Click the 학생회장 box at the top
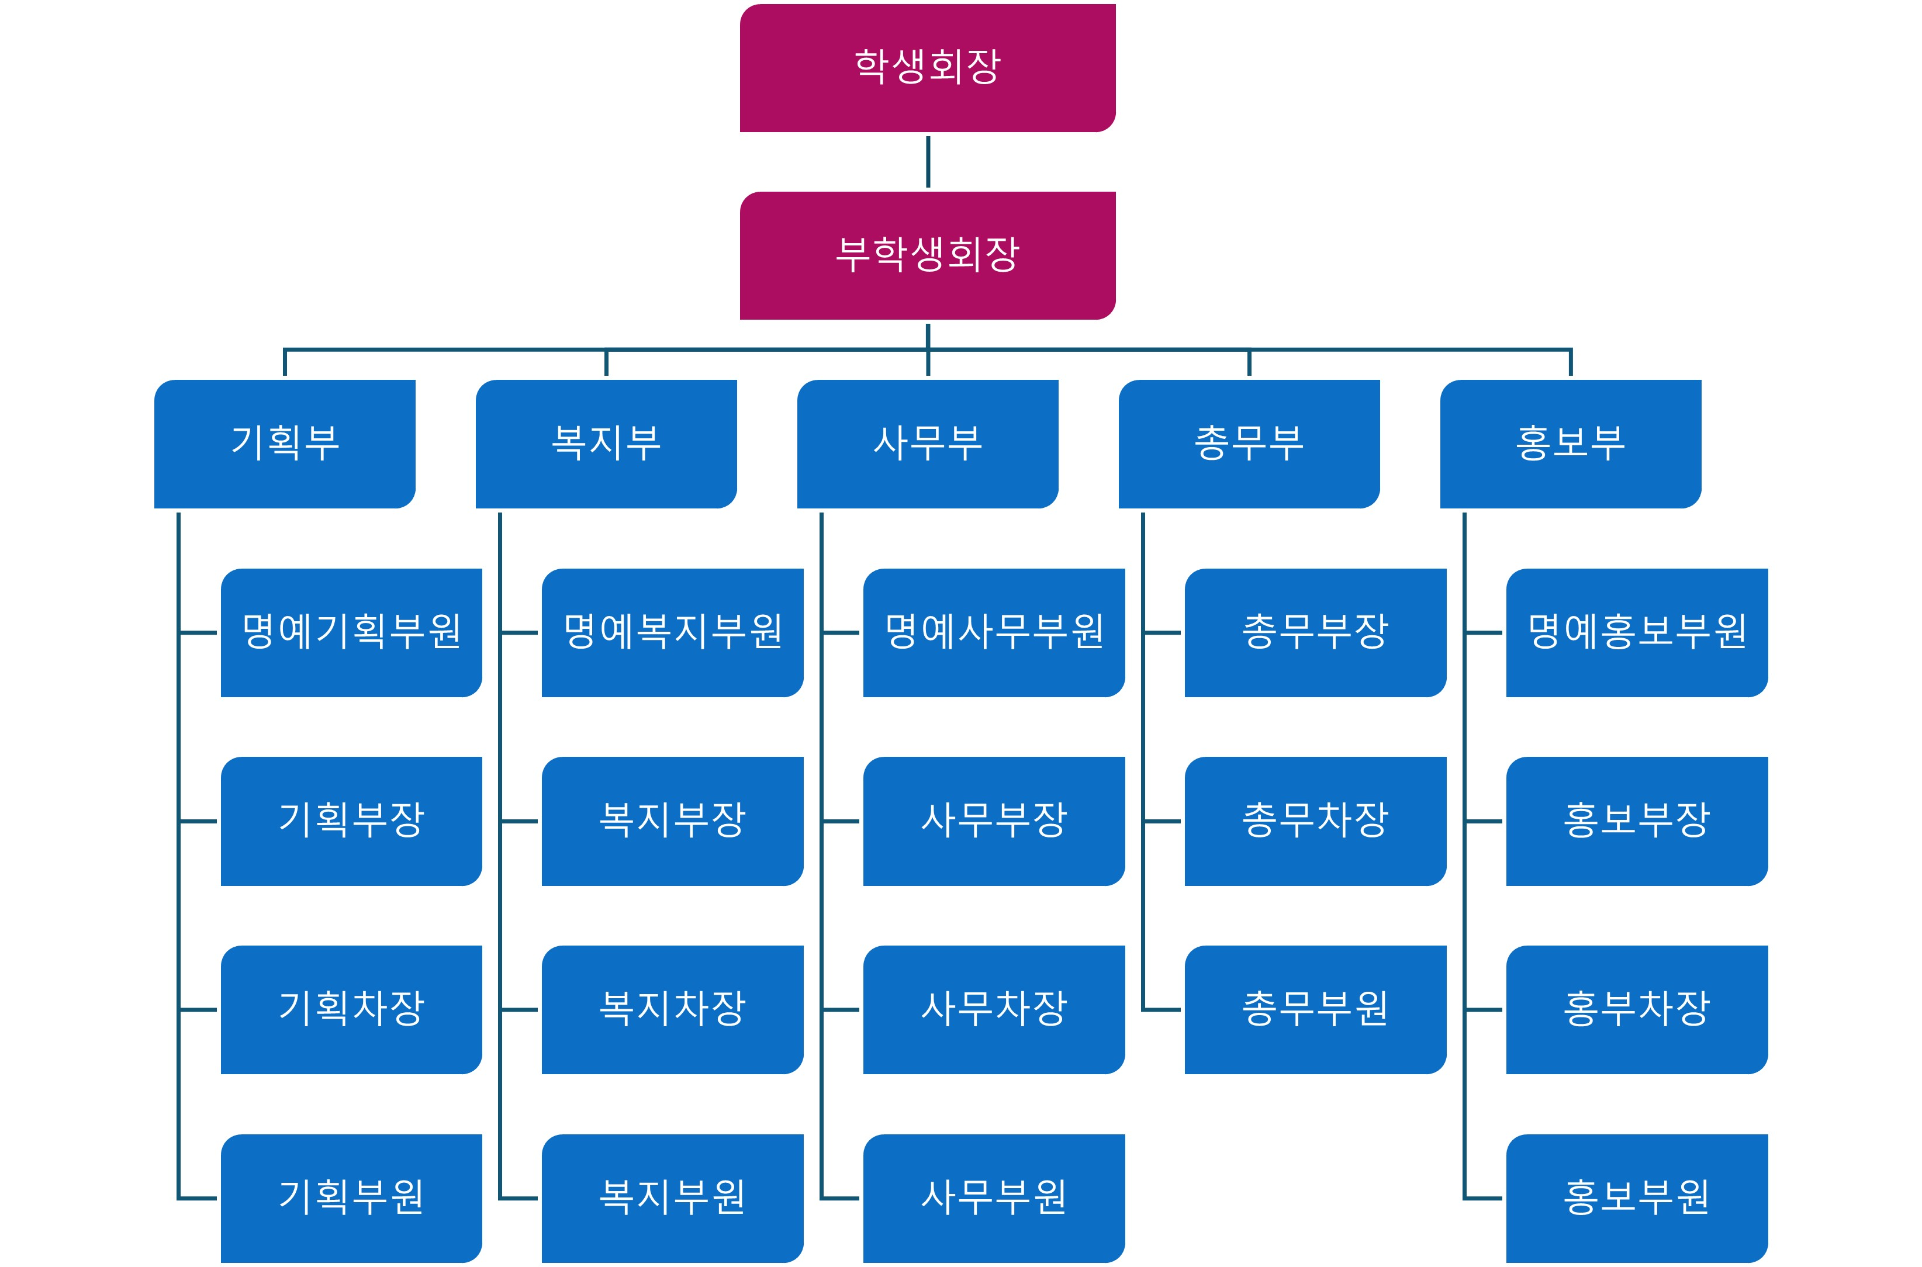927,68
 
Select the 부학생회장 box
927,255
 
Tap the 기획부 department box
285,444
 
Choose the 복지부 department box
606,444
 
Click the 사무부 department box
927,444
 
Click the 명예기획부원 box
351,633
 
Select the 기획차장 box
351,1009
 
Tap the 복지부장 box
672,821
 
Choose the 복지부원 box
672,1197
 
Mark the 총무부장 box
1315,633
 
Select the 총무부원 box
1315,1009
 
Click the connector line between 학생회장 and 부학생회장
927,162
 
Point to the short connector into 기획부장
198,821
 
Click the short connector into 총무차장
1162,821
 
